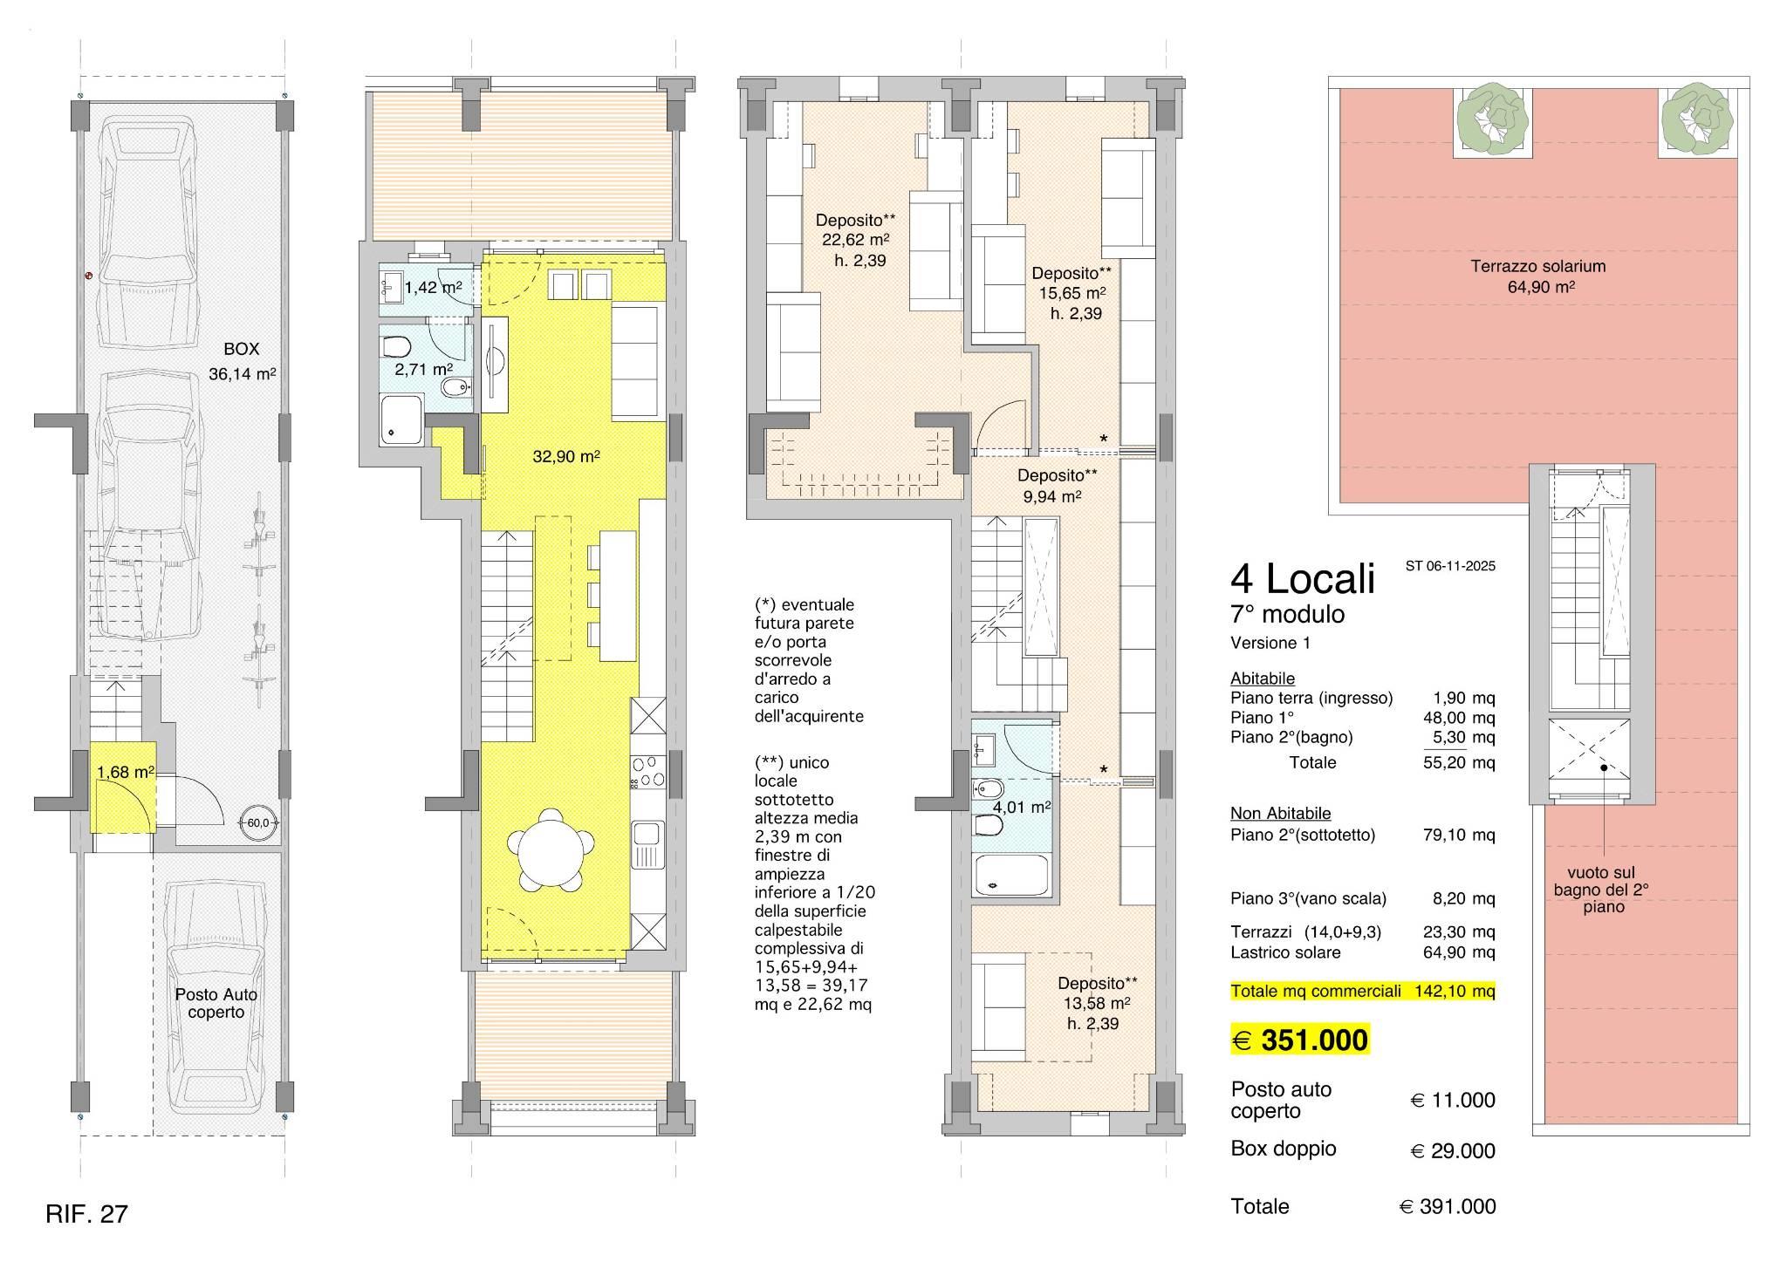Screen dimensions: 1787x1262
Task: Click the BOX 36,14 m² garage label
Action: click(x=242, y=361)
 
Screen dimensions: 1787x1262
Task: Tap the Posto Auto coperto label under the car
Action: click(x=216, y=1003)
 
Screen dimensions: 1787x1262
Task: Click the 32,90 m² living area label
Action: click(x=566, y=456)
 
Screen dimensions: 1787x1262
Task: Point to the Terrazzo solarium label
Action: click(x=1537, y=276)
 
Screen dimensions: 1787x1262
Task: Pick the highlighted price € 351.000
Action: click(x=1299, y=1040)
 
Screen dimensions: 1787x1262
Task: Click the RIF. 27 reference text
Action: click(x=86, y=1213)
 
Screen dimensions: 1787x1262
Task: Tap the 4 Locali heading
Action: click(x=1302, y=578)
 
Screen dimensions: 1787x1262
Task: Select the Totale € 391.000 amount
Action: click(x=1448, y=1206)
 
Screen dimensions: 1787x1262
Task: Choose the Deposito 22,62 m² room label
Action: click(x=855, y=240)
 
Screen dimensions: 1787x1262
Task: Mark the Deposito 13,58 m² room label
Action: click(x=1097, y=1002)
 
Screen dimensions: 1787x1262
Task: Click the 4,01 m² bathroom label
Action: click(x=1022, y=807)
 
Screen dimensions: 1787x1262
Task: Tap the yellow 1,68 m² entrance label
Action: click(x=126, y=772)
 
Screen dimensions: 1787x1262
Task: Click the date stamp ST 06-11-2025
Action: click(x=1450, y=565)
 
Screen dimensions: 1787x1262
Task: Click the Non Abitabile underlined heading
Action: click(x=1280, y=813)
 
